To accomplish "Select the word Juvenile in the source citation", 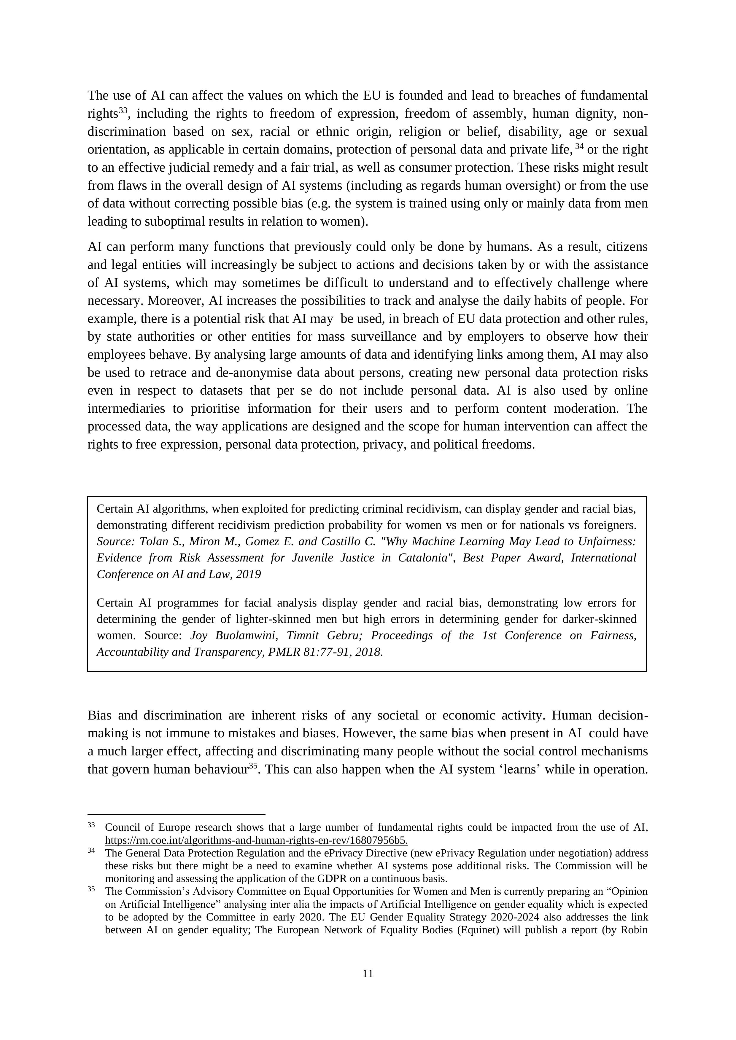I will (314, 558).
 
